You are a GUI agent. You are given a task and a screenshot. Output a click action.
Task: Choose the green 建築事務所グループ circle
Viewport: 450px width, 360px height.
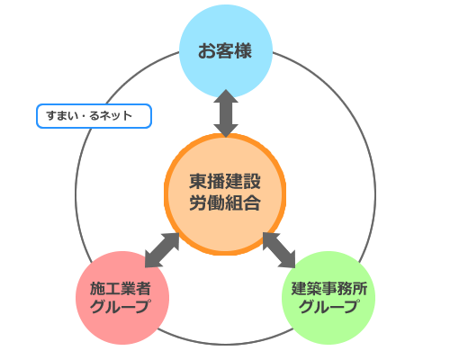point(328,297)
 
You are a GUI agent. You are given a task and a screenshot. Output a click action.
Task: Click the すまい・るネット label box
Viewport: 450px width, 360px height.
point(94,117)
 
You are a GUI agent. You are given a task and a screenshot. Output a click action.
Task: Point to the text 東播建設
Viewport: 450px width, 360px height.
point(225,180)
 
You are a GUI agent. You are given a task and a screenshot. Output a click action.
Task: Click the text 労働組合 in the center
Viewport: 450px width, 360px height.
point(225,202)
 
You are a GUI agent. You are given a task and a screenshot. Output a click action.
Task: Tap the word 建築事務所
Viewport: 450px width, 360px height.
point(328,288)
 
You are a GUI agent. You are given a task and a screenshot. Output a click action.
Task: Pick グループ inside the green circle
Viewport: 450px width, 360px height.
point(328,307)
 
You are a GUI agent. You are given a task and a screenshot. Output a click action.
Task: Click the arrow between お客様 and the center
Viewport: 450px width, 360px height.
point(225,113)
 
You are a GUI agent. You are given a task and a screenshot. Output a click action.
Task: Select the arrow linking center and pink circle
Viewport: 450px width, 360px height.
point(163,249)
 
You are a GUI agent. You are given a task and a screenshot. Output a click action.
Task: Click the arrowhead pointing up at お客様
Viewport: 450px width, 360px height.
point(225,97)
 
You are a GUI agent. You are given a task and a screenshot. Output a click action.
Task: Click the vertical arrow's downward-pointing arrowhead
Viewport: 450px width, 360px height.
point(225,130)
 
